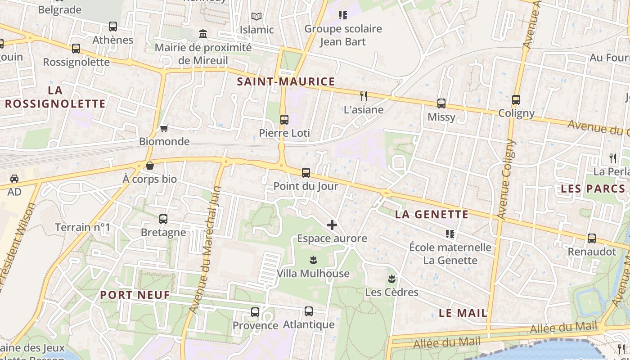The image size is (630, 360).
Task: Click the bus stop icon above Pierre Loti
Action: (284, 120)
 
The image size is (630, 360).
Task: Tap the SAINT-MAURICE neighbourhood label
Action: (286, 81)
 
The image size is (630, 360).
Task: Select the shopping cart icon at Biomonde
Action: (164, 128)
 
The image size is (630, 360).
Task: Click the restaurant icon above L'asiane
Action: (364, 96)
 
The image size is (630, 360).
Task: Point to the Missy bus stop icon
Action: (441, 103)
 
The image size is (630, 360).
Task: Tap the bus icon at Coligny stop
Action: (516, 100)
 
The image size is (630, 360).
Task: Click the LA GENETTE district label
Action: (432, 215)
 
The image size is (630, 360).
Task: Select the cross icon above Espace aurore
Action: (332, 225)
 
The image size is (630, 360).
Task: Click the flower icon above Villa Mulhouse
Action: (313, 260)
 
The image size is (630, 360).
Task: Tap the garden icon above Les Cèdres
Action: (392, 279)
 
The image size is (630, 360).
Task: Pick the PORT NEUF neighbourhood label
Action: (135, 295)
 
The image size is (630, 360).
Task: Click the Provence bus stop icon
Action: (255, 312)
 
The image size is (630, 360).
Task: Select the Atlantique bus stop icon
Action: (309, 311)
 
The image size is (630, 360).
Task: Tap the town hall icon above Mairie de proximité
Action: (203, 34)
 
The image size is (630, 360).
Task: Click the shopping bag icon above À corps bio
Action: (150, 166)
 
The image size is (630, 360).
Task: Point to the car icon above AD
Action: (14, 179)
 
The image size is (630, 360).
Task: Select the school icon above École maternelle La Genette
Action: (450, 234)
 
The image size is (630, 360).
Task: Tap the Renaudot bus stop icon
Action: (592, 238)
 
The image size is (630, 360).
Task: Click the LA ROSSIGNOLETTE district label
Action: (55, 97)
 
